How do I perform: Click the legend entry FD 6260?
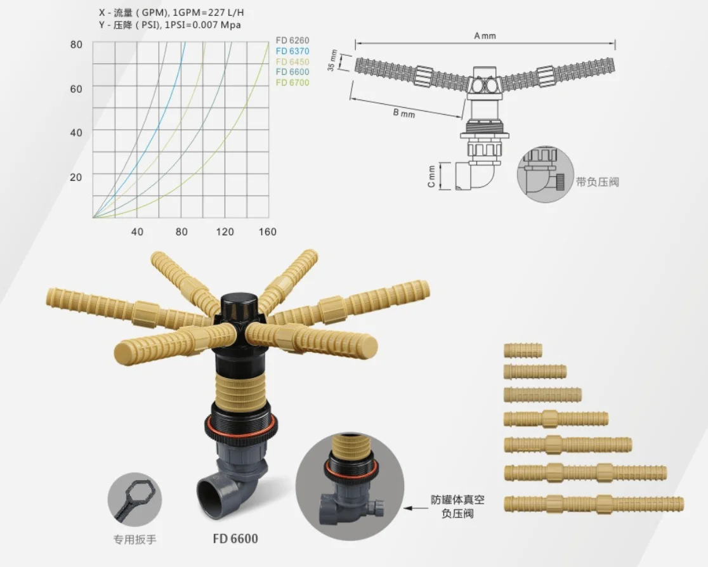pos(292,41)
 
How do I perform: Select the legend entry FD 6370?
pos(292,51)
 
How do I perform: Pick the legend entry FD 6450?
pos(292,62)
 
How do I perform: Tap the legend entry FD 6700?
pos(292,82)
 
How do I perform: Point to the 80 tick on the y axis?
pos(76,44)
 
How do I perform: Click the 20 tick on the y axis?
pos(76,177)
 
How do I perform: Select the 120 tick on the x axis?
pos(225,231)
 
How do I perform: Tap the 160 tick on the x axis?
pos(268,231)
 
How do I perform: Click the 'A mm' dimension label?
pos(485,36)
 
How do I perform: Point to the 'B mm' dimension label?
pos(403,113)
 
